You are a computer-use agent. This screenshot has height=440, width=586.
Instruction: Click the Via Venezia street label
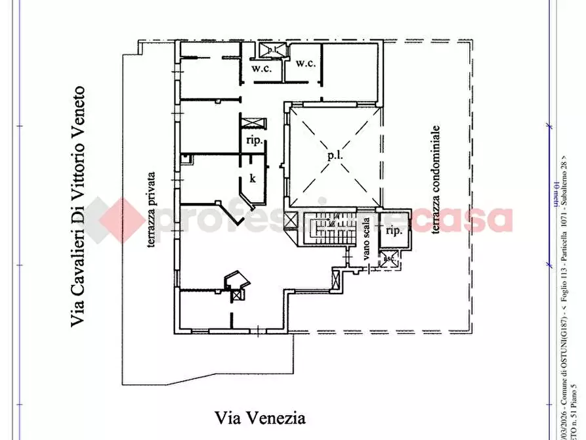point(261,418)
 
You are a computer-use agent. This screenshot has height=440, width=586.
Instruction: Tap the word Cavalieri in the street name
point(79,265)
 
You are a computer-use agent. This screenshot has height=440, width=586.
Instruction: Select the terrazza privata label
point(151,209)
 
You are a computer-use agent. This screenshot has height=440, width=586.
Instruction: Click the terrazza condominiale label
point(435,180)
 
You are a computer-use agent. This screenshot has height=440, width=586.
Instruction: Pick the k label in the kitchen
point(252,178)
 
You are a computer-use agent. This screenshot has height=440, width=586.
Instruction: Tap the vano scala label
point(367,238)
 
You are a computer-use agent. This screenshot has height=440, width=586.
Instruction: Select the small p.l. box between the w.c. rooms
point(270,50)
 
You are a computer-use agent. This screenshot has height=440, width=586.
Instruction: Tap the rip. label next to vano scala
point(394,231)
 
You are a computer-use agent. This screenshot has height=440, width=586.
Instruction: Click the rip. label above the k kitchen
point(254,141)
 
